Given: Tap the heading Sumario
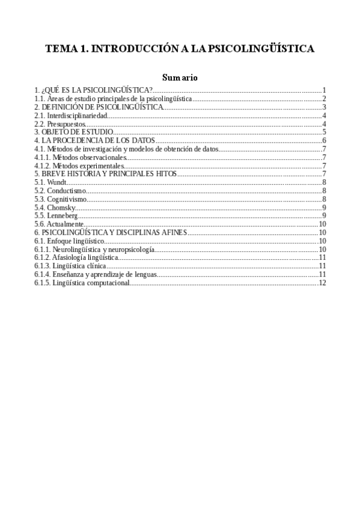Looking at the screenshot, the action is (180, 78).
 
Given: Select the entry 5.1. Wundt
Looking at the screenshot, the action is (50, 182).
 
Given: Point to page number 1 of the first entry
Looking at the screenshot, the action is (324, 89).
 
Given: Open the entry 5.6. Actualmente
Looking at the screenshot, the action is (58, 224).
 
